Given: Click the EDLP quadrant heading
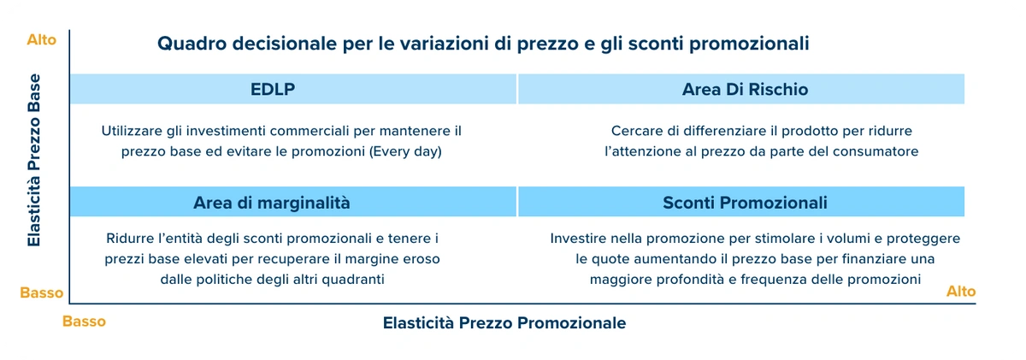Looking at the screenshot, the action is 273,89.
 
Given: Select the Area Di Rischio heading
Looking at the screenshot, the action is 745,89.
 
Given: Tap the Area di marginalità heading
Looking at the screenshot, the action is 272,203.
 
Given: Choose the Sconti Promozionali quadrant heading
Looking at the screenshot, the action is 745,203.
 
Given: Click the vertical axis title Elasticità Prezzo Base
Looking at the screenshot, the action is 34,160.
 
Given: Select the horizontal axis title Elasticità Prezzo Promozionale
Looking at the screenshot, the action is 504,323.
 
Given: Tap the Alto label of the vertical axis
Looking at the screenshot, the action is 41,40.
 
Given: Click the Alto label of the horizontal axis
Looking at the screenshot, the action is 961,292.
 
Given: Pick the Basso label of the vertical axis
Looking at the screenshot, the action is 41,292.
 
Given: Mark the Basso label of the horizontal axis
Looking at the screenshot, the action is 84,322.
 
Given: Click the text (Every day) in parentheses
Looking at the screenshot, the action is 405,151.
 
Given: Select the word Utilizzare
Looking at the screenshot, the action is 132,131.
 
